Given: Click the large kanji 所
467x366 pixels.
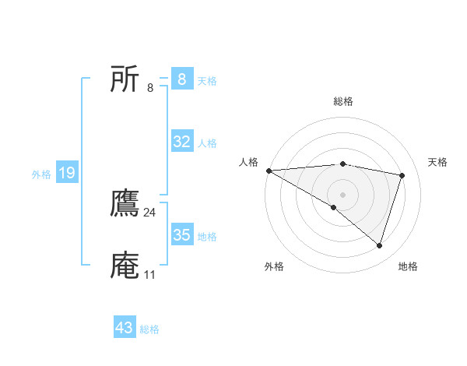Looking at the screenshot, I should [x=125, y=79].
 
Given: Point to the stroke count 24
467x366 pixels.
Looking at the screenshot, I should [x=150, y=213].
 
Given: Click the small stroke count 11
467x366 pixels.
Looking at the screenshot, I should [x=149, y=275].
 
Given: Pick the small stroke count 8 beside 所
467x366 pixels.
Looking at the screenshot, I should [x=150, y=87].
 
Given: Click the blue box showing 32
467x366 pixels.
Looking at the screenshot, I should [x=181, y=142].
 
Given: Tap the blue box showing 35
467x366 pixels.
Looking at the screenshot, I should [x=181, y=235].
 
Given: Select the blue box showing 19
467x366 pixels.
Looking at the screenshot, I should [x=67, y=174].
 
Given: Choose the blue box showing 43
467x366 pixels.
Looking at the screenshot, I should [x=125, y=328].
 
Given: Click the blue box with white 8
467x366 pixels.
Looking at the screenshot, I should [x=181, y=79].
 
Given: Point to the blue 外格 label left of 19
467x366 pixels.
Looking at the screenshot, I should [x=41, y=174].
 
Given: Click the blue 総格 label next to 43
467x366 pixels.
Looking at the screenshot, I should [x=149, y=329].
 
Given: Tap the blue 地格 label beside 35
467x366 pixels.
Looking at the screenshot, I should [x=207, y=237].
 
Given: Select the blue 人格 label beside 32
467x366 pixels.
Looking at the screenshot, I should [x=207, y=143].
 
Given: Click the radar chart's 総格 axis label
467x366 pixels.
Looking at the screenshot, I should [x=343, y=101].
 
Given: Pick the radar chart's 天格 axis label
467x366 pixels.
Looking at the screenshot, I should [x=438, y=162].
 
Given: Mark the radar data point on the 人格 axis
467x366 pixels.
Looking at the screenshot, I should [x=269, y=171].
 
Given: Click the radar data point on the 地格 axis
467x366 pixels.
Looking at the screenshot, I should [x=380, y=246].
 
